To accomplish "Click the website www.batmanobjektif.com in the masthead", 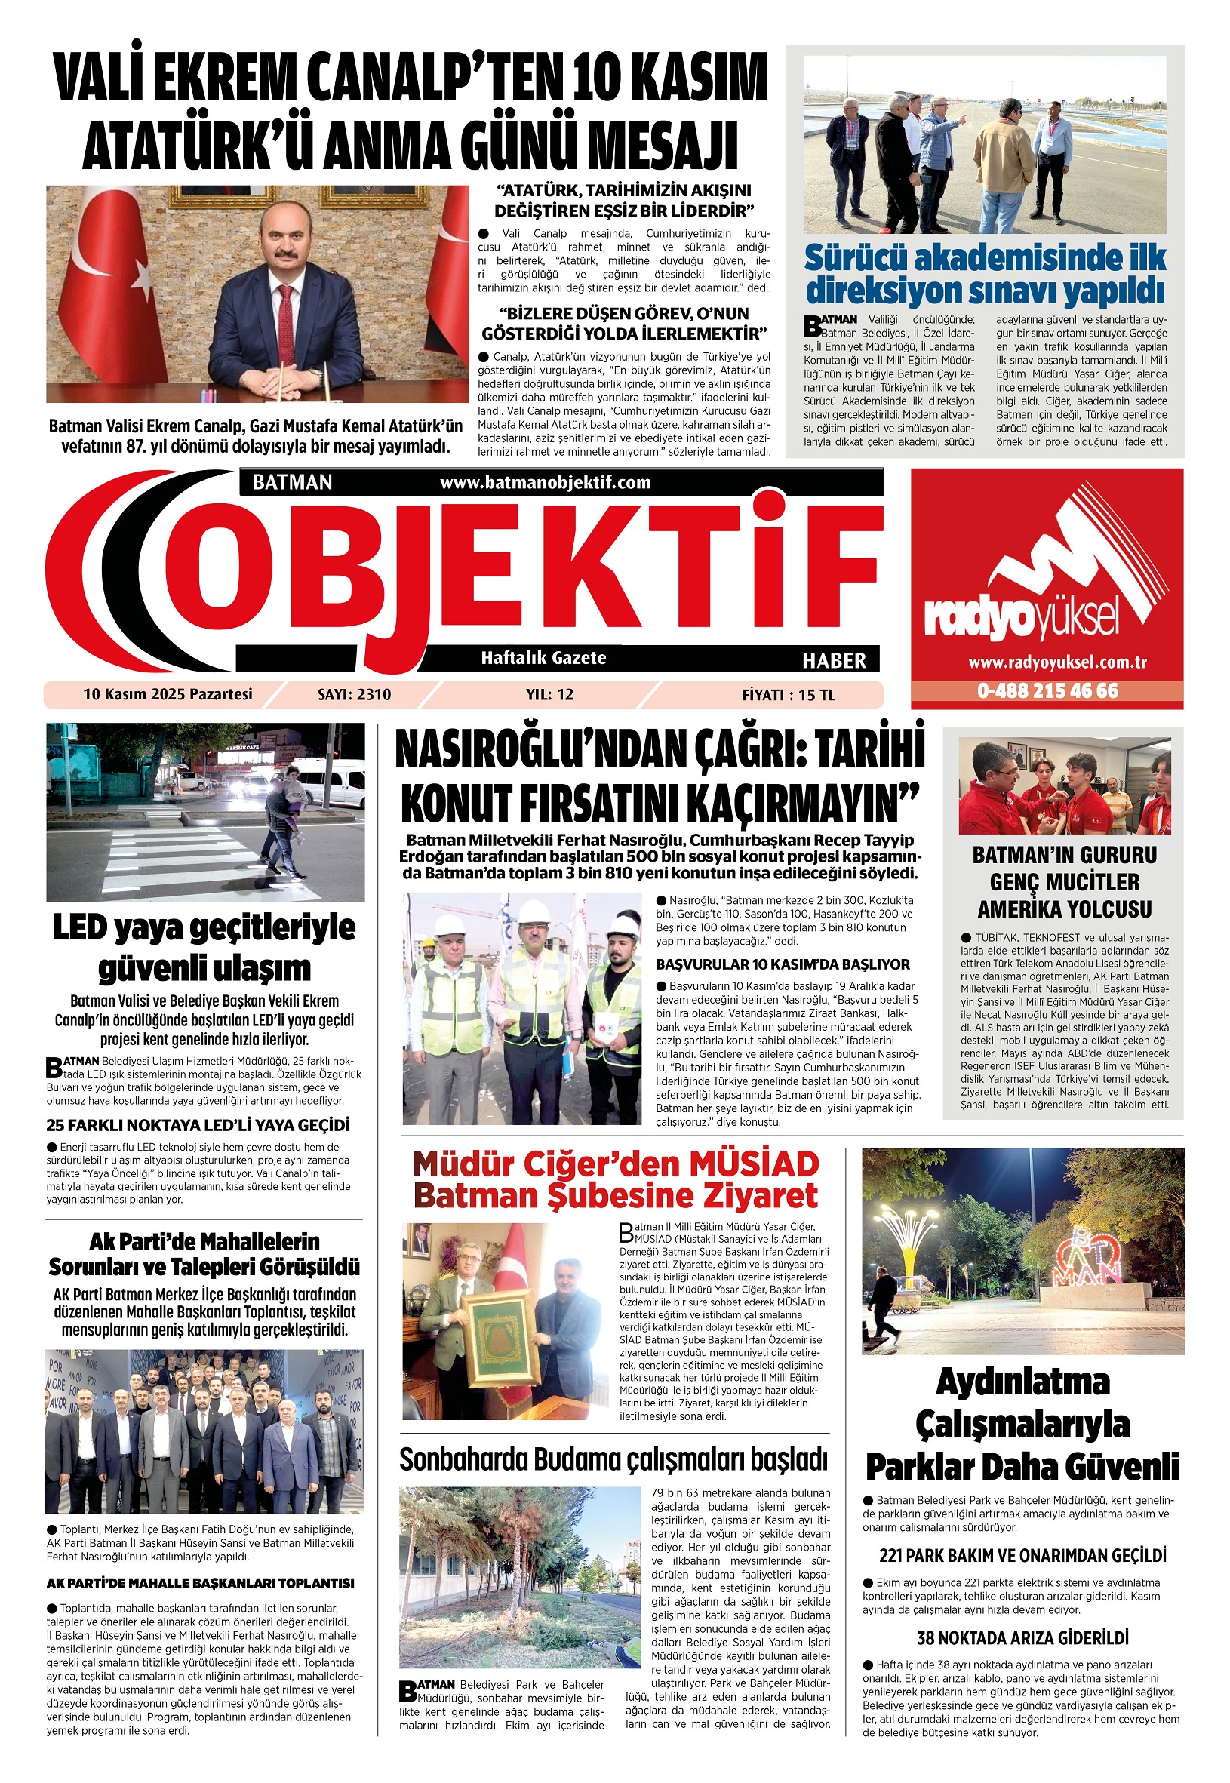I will click(545, 482).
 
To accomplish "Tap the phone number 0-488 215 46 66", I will click(1047, 690).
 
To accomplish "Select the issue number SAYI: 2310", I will click(354, 694).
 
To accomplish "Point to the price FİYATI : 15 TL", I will click(788, 694).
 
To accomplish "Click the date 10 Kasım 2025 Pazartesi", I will click(168, 694).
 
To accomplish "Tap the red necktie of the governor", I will click(285, 324).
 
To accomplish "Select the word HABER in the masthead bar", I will click(834, 660).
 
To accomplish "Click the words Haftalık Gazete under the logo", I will click(543, 658).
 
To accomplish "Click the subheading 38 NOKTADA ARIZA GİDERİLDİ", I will click(1022, 1637).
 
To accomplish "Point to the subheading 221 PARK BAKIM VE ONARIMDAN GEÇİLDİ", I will click(1022, 1555).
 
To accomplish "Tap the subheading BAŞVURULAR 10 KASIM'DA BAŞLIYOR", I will click(783, 964).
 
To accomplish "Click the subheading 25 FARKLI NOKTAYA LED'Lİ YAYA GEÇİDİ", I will click(198, 1125).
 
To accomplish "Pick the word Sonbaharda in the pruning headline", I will click(462, 1459).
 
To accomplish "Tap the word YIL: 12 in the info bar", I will click(549, 694).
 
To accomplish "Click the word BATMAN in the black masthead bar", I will click(292, 482).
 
